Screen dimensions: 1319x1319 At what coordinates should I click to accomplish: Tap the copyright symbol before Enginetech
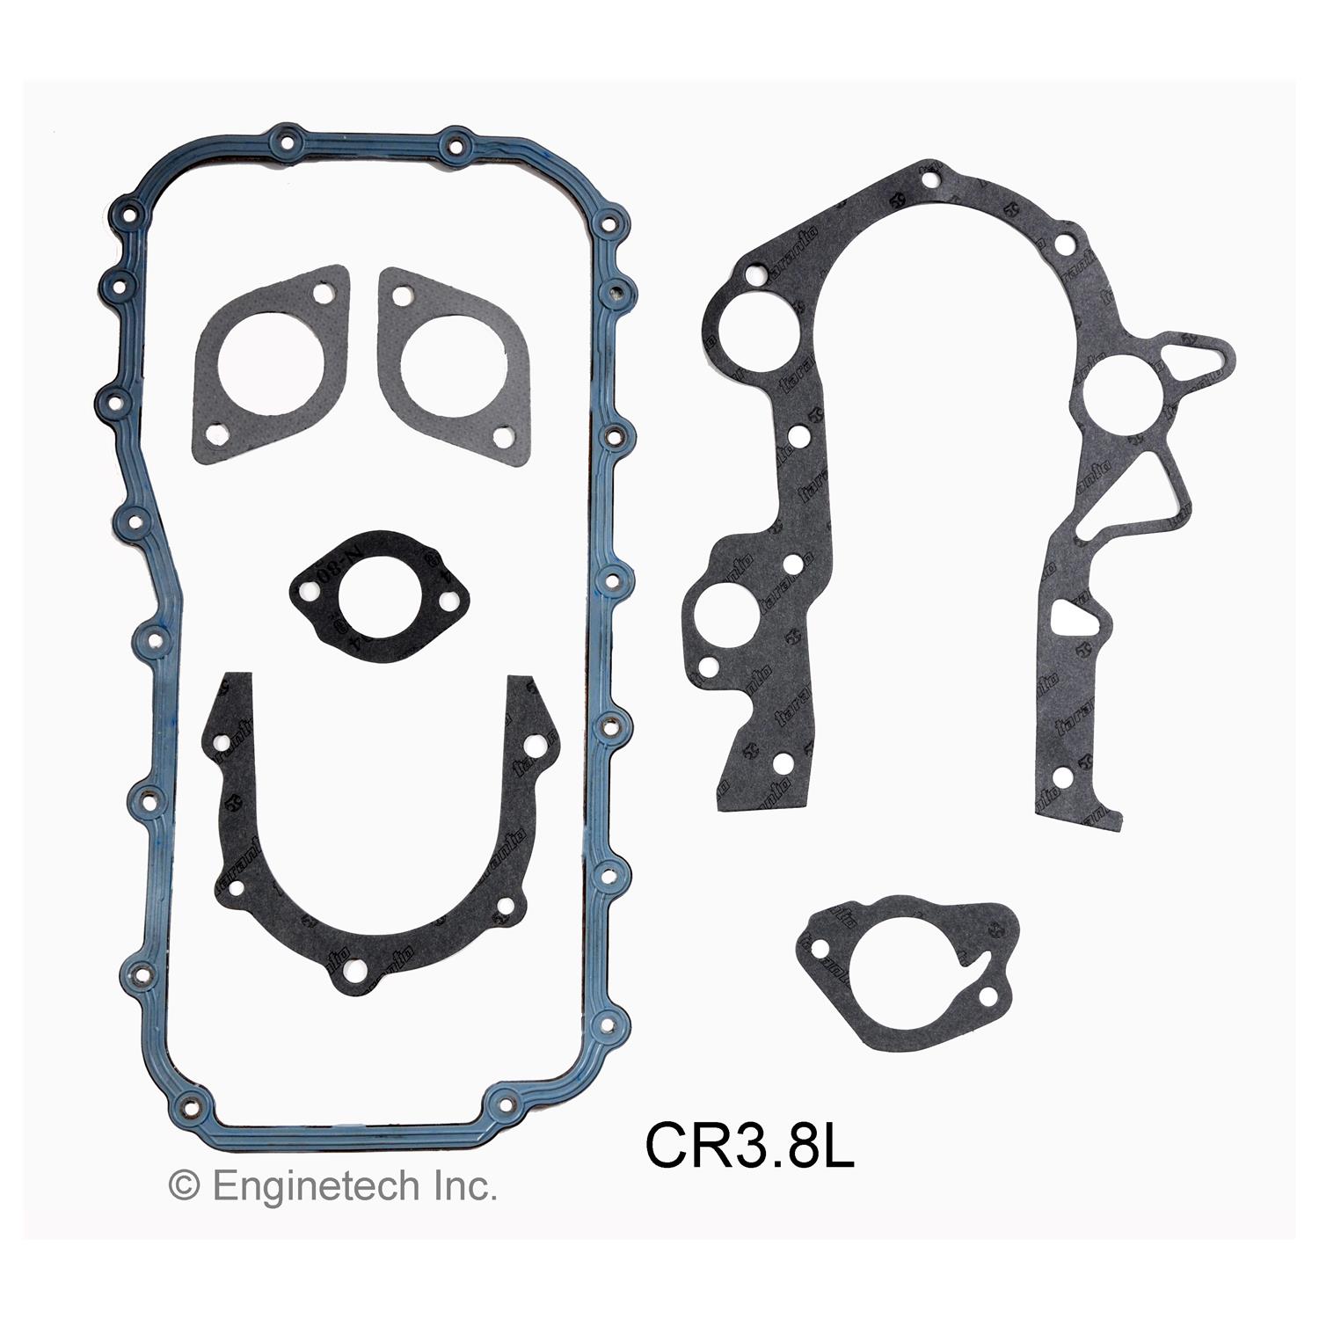(x=183, y=1187)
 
